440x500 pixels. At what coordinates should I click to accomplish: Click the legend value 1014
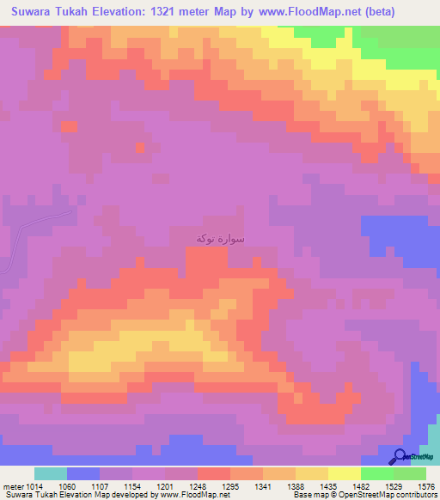(34, 485)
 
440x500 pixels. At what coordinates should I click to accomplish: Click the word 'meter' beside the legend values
(12, 485)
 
